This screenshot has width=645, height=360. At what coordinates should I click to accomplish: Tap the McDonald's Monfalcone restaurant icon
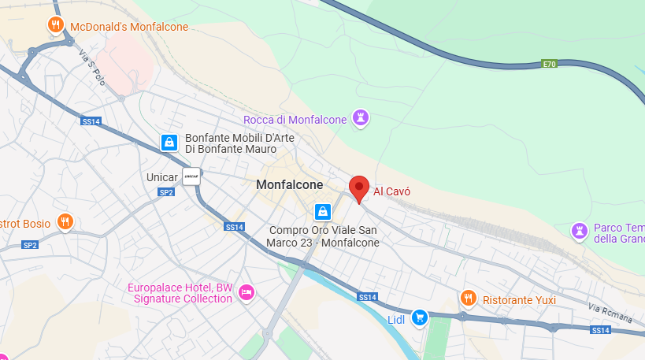pos(55,25)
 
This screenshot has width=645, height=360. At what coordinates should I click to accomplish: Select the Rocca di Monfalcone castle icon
pos(361,119)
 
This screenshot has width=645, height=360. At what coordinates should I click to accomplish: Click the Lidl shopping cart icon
pos(421,317)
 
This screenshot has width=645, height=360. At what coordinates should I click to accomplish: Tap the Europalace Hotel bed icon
pos(247,292)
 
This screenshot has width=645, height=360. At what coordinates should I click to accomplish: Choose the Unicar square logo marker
pos(191,176)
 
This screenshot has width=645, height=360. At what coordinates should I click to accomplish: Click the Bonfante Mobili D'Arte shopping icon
pos(169,143)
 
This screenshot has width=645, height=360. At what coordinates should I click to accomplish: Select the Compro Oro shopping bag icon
pos(322,212)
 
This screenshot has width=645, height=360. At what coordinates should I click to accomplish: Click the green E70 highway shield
pos(549,63)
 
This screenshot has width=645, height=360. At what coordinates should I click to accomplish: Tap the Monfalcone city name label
pos(290,184)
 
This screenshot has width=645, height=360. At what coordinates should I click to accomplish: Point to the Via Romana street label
pos(610,306)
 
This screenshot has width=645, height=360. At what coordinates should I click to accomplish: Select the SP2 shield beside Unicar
pos(166,192)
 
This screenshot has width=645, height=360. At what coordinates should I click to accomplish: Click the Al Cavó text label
pos(392,191)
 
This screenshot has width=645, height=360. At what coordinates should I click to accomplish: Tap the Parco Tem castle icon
pos(580,230)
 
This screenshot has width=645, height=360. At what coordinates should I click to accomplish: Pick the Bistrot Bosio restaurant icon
pos(65,222)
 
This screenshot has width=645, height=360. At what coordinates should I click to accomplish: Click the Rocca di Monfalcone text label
pos(295,120)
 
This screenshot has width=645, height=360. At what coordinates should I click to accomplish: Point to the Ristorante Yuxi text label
pos(519,300)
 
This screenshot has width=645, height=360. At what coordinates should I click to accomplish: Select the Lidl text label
pos(396,319)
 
